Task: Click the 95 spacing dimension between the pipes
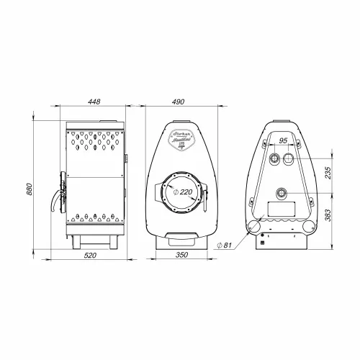(283, 140)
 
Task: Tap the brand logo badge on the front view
(180, 136)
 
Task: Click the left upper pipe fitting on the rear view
(274, 158)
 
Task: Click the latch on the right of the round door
(210, 193)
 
